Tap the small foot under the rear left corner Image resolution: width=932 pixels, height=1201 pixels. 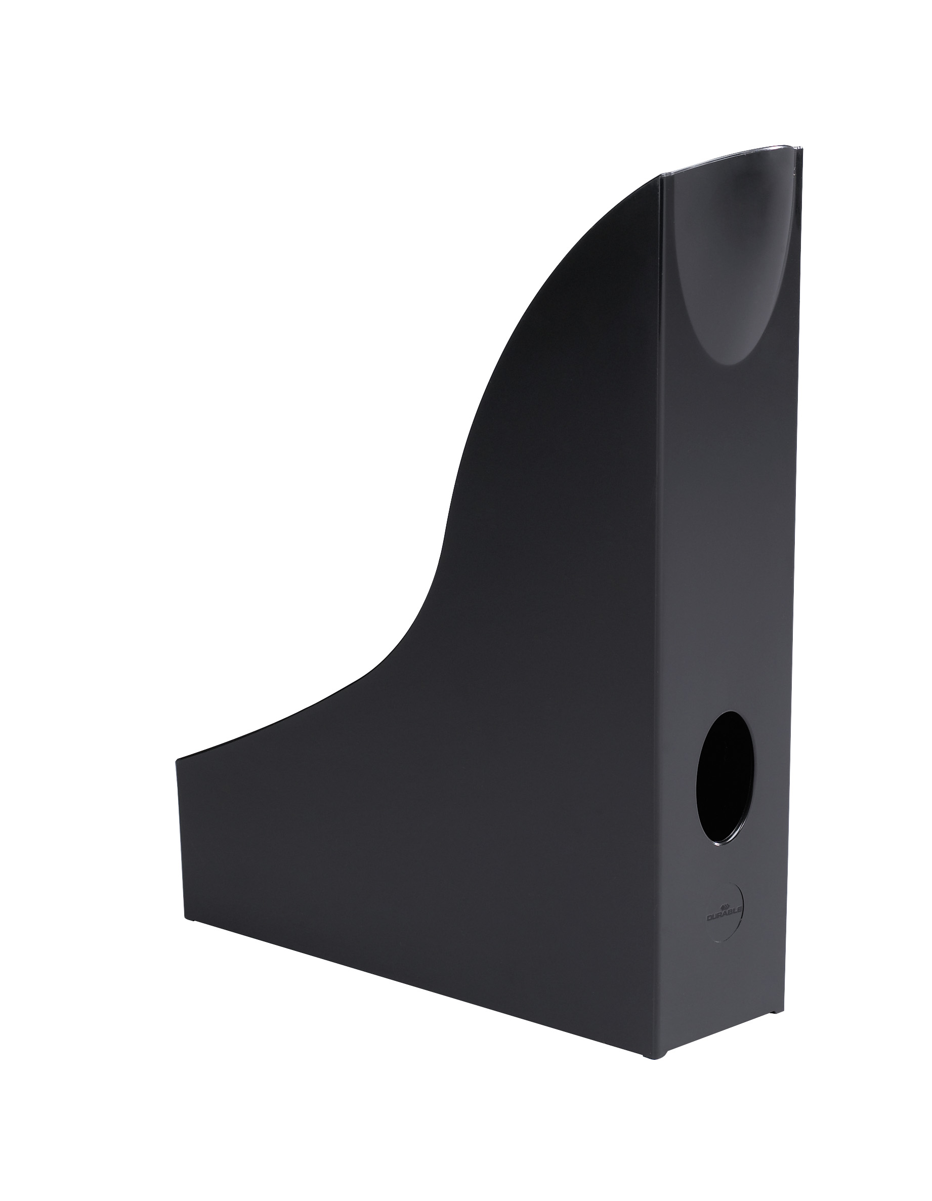tap(192, 920)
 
